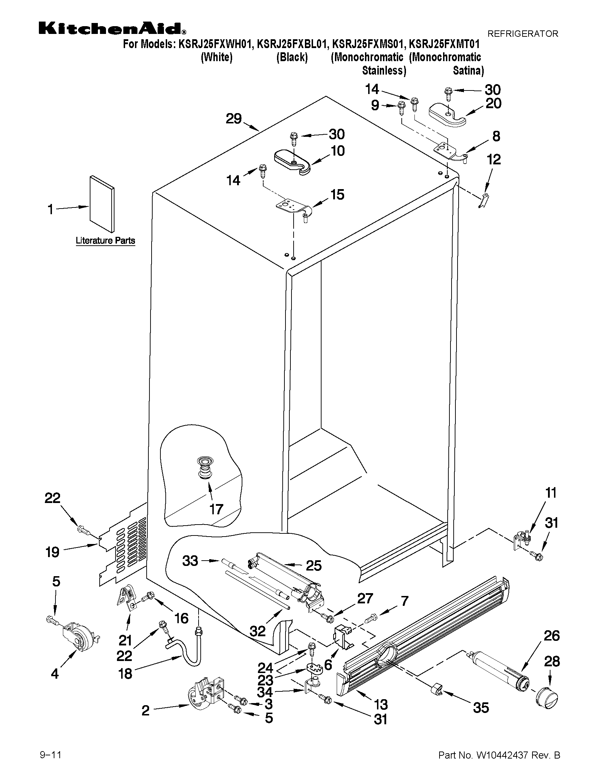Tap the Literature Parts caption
105,240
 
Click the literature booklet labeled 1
102,204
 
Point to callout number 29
234,119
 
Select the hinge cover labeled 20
447,115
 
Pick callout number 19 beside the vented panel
52,552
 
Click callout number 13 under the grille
381,704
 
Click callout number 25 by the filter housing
314,566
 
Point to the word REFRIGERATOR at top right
522,34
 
